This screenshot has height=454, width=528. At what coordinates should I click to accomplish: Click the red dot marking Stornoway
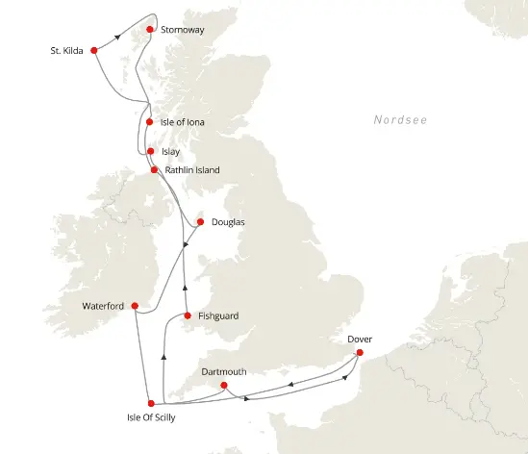[x=150, y=29]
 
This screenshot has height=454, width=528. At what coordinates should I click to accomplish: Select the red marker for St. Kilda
[x=94, y=50]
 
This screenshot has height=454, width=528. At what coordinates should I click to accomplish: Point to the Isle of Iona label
[x=183, y=123]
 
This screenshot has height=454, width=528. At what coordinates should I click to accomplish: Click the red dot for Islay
[x=149, y=151]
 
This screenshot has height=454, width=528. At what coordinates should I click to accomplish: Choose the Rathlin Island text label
[x=192, y=170]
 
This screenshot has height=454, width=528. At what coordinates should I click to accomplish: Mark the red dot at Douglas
[x=200, y=222]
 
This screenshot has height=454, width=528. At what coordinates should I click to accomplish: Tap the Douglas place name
[x=228, y=222]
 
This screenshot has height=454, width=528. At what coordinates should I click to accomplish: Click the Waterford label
[x=103, y=306]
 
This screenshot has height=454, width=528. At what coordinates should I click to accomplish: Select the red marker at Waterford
[x=135, y=306]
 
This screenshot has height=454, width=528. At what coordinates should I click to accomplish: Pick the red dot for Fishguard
[x=186, y=315]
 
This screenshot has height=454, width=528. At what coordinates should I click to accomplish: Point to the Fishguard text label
[x=217, y=315]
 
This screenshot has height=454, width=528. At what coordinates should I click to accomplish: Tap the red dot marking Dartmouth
[x=224, y=387]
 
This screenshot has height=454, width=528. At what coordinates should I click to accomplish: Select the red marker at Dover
[x=360, y=352]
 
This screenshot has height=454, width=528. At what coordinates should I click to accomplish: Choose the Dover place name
[x=360, y=339]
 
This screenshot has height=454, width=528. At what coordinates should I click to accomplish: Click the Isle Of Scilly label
[x=150, y=418]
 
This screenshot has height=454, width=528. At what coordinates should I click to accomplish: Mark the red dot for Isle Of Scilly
[x=151, y=403]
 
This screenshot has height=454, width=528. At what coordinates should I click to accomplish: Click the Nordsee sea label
[x=400, y=119]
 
